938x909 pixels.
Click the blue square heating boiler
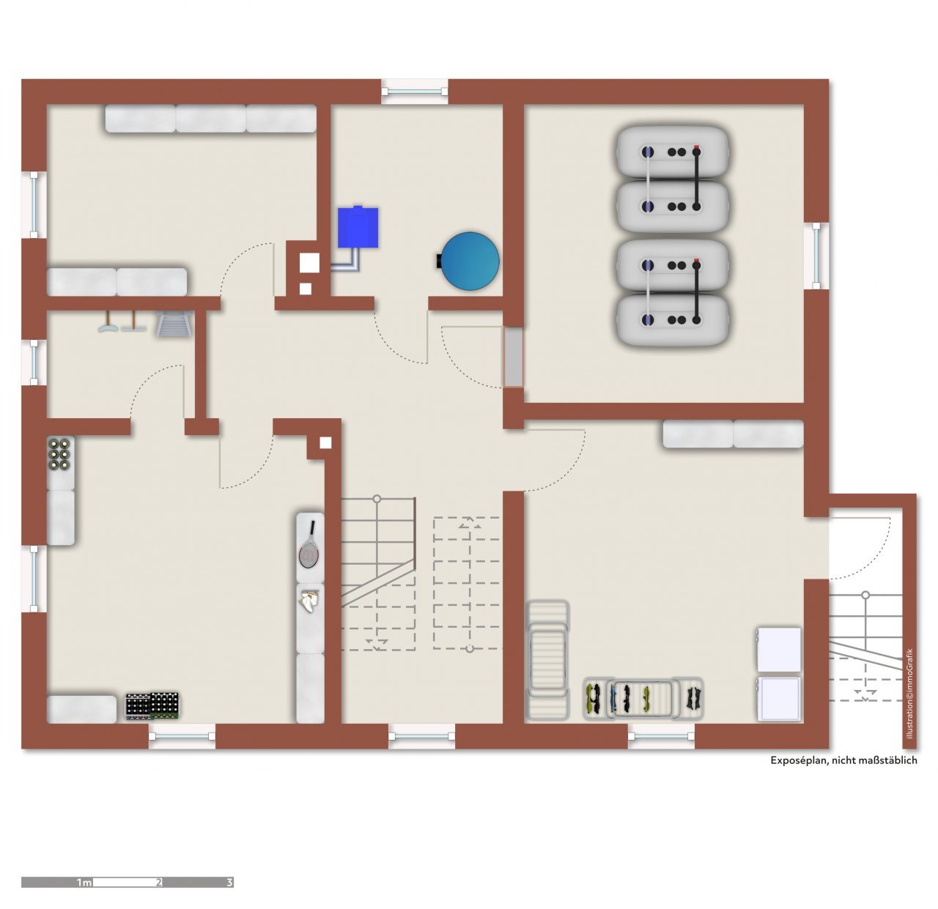[x=357, y=226]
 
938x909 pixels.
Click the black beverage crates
[x=152, y=706]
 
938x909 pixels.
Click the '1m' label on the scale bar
[x=84, y=883]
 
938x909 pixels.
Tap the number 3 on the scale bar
[x=229, y=882]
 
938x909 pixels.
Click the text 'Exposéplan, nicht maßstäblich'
[x=843, y=760]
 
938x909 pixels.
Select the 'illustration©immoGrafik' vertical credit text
[x=909, y=693]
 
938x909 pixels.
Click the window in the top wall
[x=415, y=91]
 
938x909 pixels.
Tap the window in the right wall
[x=816, y=256]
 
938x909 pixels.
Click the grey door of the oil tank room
[x=514, y=357]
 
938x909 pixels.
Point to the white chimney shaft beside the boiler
[x=309, y=262]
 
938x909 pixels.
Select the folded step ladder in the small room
[x=173, y=323]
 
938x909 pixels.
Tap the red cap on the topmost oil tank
[x=696, y=146]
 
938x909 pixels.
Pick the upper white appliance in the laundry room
[x=779, y=650]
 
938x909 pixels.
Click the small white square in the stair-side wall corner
[x=325, y=442]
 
